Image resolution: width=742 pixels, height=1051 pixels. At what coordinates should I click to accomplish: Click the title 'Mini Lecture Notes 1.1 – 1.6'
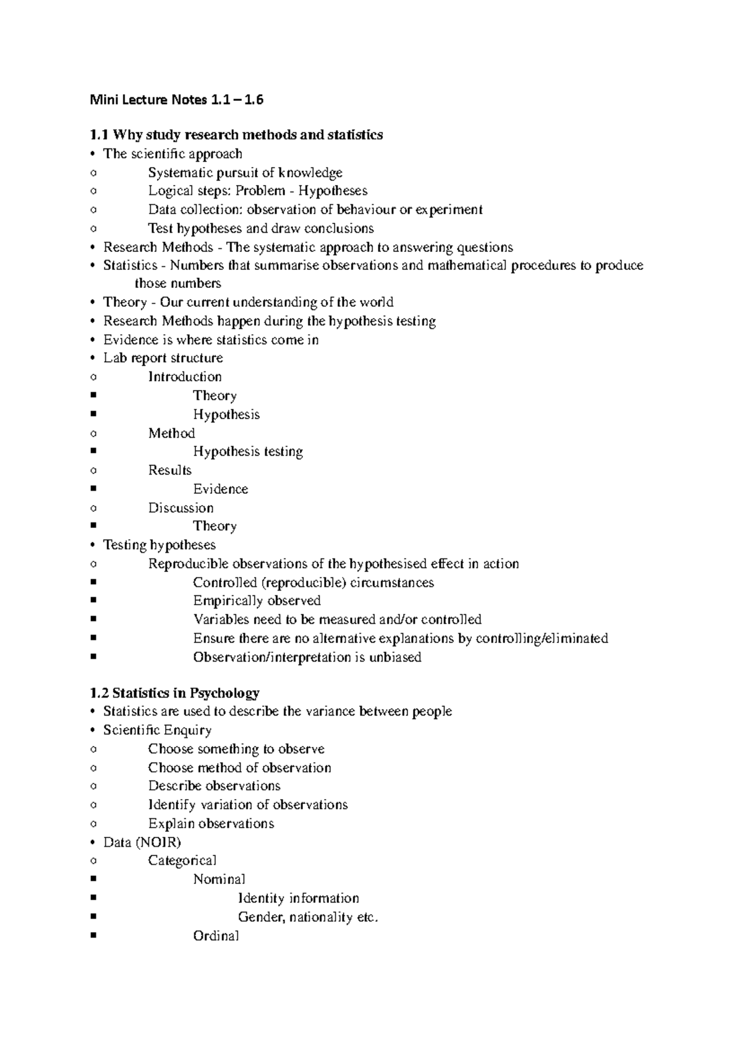(x=176, y=100)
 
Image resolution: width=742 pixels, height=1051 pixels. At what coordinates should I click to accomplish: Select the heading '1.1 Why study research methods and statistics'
(x=236, y=135)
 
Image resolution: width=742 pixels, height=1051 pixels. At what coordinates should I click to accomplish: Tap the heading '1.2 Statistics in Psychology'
(x=174, y=693)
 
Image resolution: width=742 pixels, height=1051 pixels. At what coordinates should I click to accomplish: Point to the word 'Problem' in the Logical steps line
(x=260, y=191)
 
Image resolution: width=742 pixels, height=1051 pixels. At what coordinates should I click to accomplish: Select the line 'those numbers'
(x=177, y=284)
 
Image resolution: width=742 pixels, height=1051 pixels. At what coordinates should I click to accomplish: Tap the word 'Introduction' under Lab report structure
(x=184, y=377)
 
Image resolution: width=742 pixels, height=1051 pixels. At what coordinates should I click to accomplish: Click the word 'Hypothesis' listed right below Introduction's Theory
(x=226, y=415)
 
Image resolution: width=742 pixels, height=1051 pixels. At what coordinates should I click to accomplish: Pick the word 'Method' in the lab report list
(x=171, y=433)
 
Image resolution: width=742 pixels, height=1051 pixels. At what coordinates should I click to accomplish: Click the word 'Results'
(x=169, y=470)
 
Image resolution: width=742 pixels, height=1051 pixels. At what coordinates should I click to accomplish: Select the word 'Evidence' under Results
(x=220, y=490)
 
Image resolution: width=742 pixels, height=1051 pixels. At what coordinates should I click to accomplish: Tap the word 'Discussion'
(x=181, y=508)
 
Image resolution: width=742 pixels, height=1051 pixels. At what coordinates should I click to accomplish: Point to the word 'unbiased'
(x=395, y=657)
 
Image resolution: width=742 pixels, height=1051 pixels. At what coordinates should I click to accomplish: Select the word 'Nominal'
(x=219, y=880)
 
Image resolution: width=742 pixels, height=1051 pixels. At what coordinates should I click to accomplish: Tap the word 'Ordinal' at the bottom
(x=216, y=936)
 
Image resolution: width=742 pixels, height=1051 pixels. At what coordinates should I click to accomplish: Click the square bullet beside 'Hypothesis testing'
(x=93, y=452)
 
